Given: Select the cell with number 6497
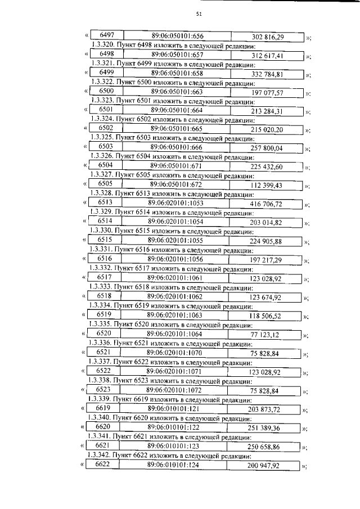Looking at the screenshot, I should click(106, 36).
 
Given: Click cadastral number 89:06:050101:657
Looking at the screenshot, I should click(177, 55).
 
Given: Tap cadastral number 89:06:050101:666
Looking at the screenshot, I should click(177, 147).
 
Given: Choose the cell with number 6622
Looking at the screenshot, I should click(104, 464).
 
